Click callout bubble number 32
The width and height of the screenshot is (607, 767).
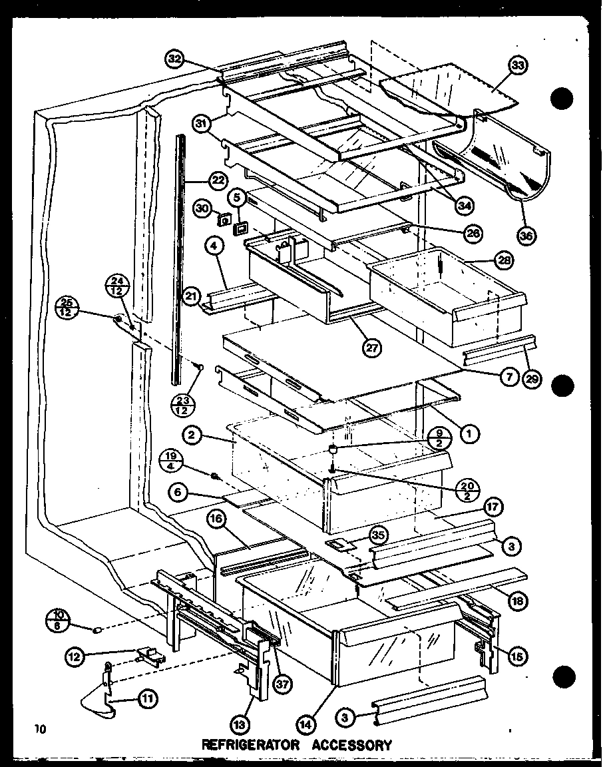[175, 59]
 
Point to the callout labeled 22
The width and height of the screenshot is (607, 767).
[217, 180]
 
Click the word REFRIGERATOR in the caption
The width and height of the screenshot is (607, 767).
[250, 745]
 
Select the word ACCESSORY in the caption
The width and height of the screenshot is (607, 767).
[352, 745]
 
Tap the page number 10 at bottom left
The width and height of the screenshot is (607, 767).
[42, 729]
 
